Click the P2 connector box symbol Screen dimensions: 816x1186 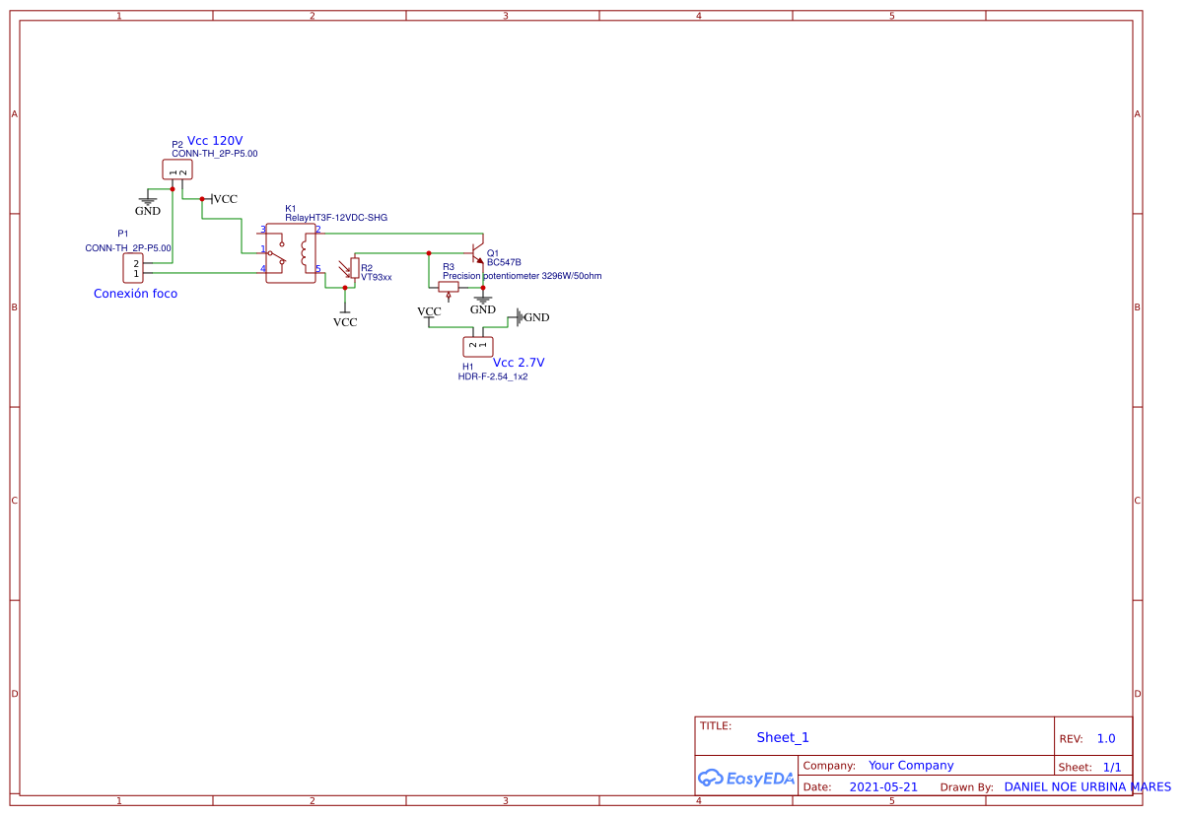tap(177, 170)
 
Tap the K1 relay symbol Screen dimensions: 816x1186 tap(290, 253)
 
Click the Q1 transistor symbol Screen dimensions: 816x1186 tap(477, 250)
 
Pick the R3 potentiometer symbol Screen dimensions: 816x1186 tap(449, 288)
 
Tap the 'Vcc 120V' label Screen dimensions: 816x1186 tap(215, 141)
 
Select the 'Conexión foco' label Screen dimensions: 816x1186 tap(135, 294)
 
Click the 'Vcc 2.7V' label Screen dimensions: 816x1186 tap(519, 363)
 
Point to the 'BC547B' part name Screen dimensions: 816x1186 tap(504, 263)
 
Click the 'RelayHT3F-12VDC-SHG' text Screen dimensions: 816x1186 tap(336, 218)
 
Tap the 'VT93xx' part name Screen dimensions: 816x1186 tap(377, 278)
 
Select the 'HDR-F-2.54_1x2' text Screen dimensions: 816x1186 tap(492, 376)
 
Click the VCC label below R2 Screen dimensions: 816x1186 tap(345, 321)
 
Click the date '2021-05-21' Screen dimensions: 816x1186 tap(883, 787)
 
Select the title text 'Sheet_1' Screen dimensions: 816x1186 tap(783, 737)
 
